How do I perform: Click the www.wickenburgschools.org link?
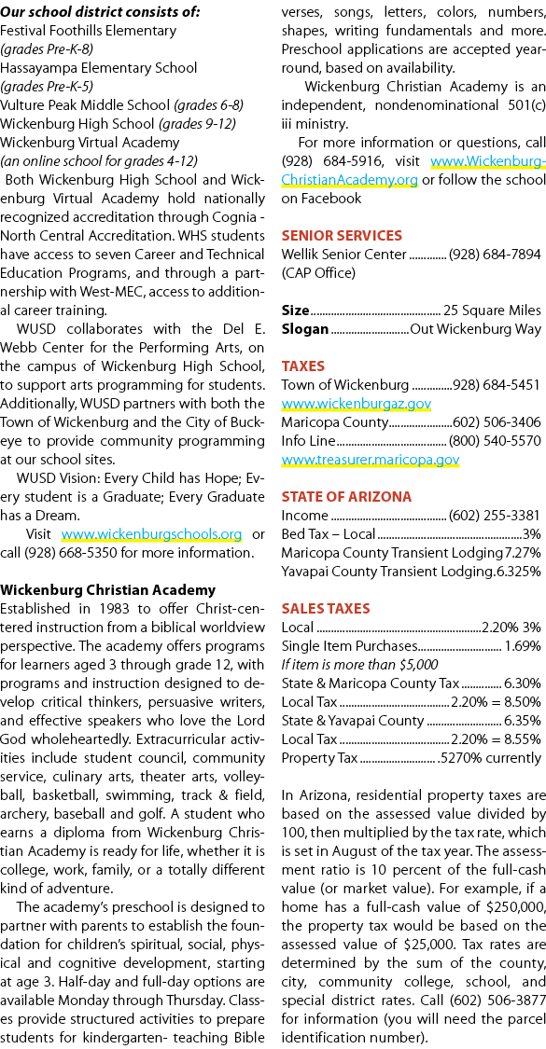click(151, 534)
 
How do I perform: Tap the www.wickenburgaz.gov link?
click(356, 404)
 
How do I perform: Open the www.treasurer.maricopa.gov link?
click(370, 460)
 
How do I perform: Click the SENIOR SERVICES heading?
click(342, 235)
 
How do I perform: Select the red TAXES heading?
click(302, 366)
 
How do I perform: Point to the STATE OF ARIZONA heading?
click(346, 496)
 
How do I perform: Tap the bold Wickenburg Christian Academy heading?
click(108, 590)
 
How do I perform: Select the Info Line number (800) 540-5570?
click(495, 441)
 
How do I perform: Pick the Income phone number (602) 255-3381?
click(495, 515)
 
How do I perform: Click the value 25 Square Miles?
click(492, 311)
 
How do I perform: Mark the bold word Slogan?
click(305, 329)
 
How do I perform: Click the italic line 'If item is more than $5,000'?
click(359, 664)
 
